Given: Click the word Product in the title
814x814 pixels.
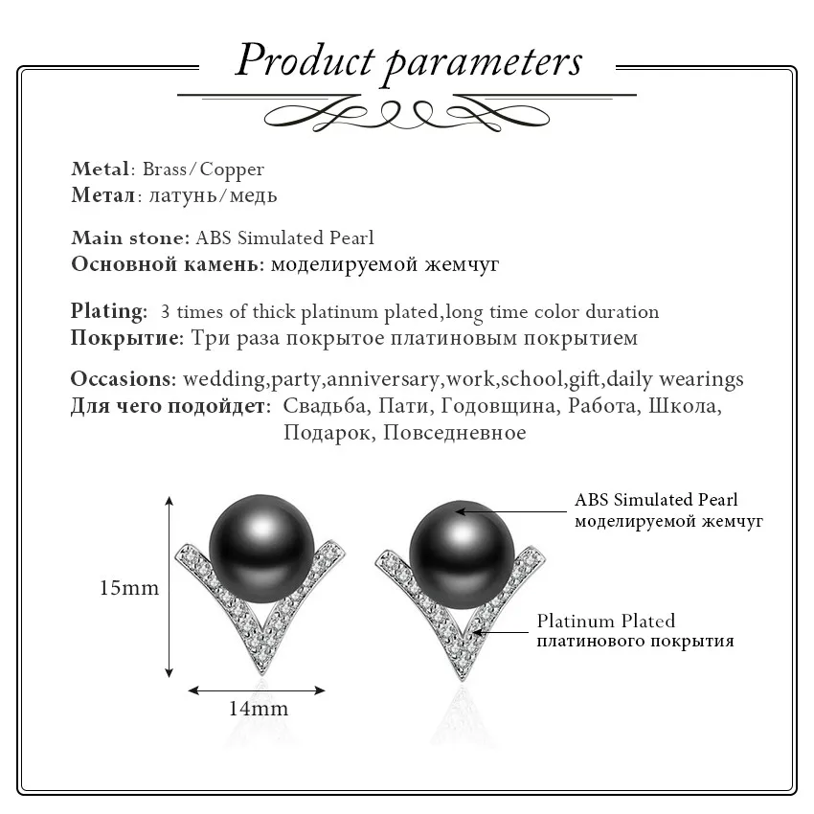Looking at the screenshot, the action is pos(304,60).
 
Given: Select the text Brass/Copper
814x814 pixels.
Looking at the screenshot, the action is pos(203,170).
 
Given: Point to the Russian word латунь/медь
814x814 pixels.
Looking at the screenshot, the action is pos(208,195).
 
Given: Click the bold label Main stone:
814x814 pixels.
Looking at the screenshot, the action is pos(130,237).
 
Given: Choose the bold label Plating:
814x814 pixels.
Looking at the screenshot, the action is pos(109,311).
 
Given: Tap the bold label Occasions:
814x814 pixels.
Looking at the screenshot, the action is pos(123,379).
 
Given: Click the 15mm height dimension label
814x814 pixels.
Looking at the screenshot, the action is pos(129,588).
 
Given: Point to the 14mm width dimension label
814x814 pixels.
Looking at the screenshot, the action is pos(259,710).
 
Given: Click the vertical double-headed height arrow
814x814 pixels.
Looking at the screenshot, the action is pos(170,587).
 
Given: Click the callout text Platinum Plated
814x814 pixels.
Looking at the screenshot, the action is pos(605,621).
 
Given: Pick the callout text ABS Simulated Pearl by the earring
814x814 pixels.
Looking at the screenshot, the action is pos(656,500).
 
